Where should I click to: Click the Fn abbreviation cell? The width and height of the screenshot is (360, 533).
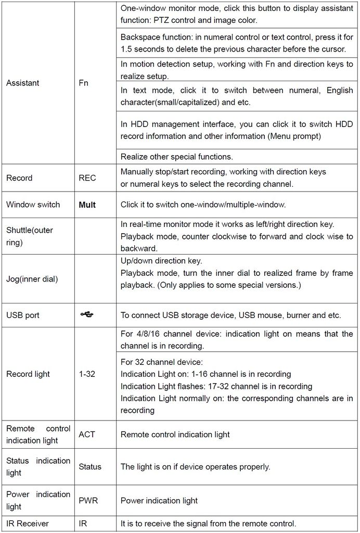pyautogui.click(x=84, y=83)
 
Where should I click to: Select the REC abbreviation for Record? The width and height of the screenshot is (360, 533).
pyautogui.click(x=87, y=178)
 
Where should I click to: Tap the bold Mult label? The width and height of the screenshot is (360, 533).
pyautogui.click(x=87, y=205)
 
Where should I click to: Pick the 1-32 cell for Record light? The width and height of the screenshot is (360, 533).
pyautogui.click(x=87, y=374)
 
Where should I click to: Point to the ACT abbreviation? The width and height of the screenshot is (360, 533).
pyautogui.click(x=87, y=434)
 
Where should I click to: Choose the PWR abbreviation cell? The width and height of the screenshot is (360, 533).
pyautogui.click(x=88, y=500)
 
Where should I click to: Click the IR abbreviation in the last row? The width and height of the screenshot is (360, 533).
pyautogui.click(x=83, y=523)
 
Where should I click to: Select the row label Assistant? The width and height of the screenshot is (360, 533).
pyautogui.click(x=22, y=83)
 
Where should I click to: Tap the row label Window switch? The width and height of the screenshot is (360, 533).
pyautogui.click(x=33, y=205)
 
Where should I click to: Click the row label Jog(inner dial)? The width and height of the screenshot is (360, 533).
pyautogui.click(x=32, y=279)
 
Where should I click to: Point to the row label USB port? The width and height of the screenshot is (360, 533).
pyautogui.click(x=22, y=315)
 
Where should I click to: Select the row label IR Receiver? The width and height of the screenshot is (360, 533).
pyautogui.click(x=27, y=523)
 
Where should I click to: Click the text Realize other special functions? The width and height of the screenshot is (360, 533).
pyautogui.click(x=177, y=156)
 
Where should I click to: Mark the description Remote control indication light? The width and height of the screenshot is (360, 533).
pyautogui.click(x=175, y=434)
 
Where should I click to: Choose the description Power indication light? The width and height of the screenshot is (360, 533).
pyautogui.click(x=159, y=500)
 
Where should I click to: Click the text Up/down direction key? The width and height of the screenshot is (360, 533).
pyautogui.click(x=161, y=260)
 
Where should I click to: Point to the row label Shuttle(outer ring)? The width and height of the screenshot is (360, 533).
pyautogui.click(x=30, y=236)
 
